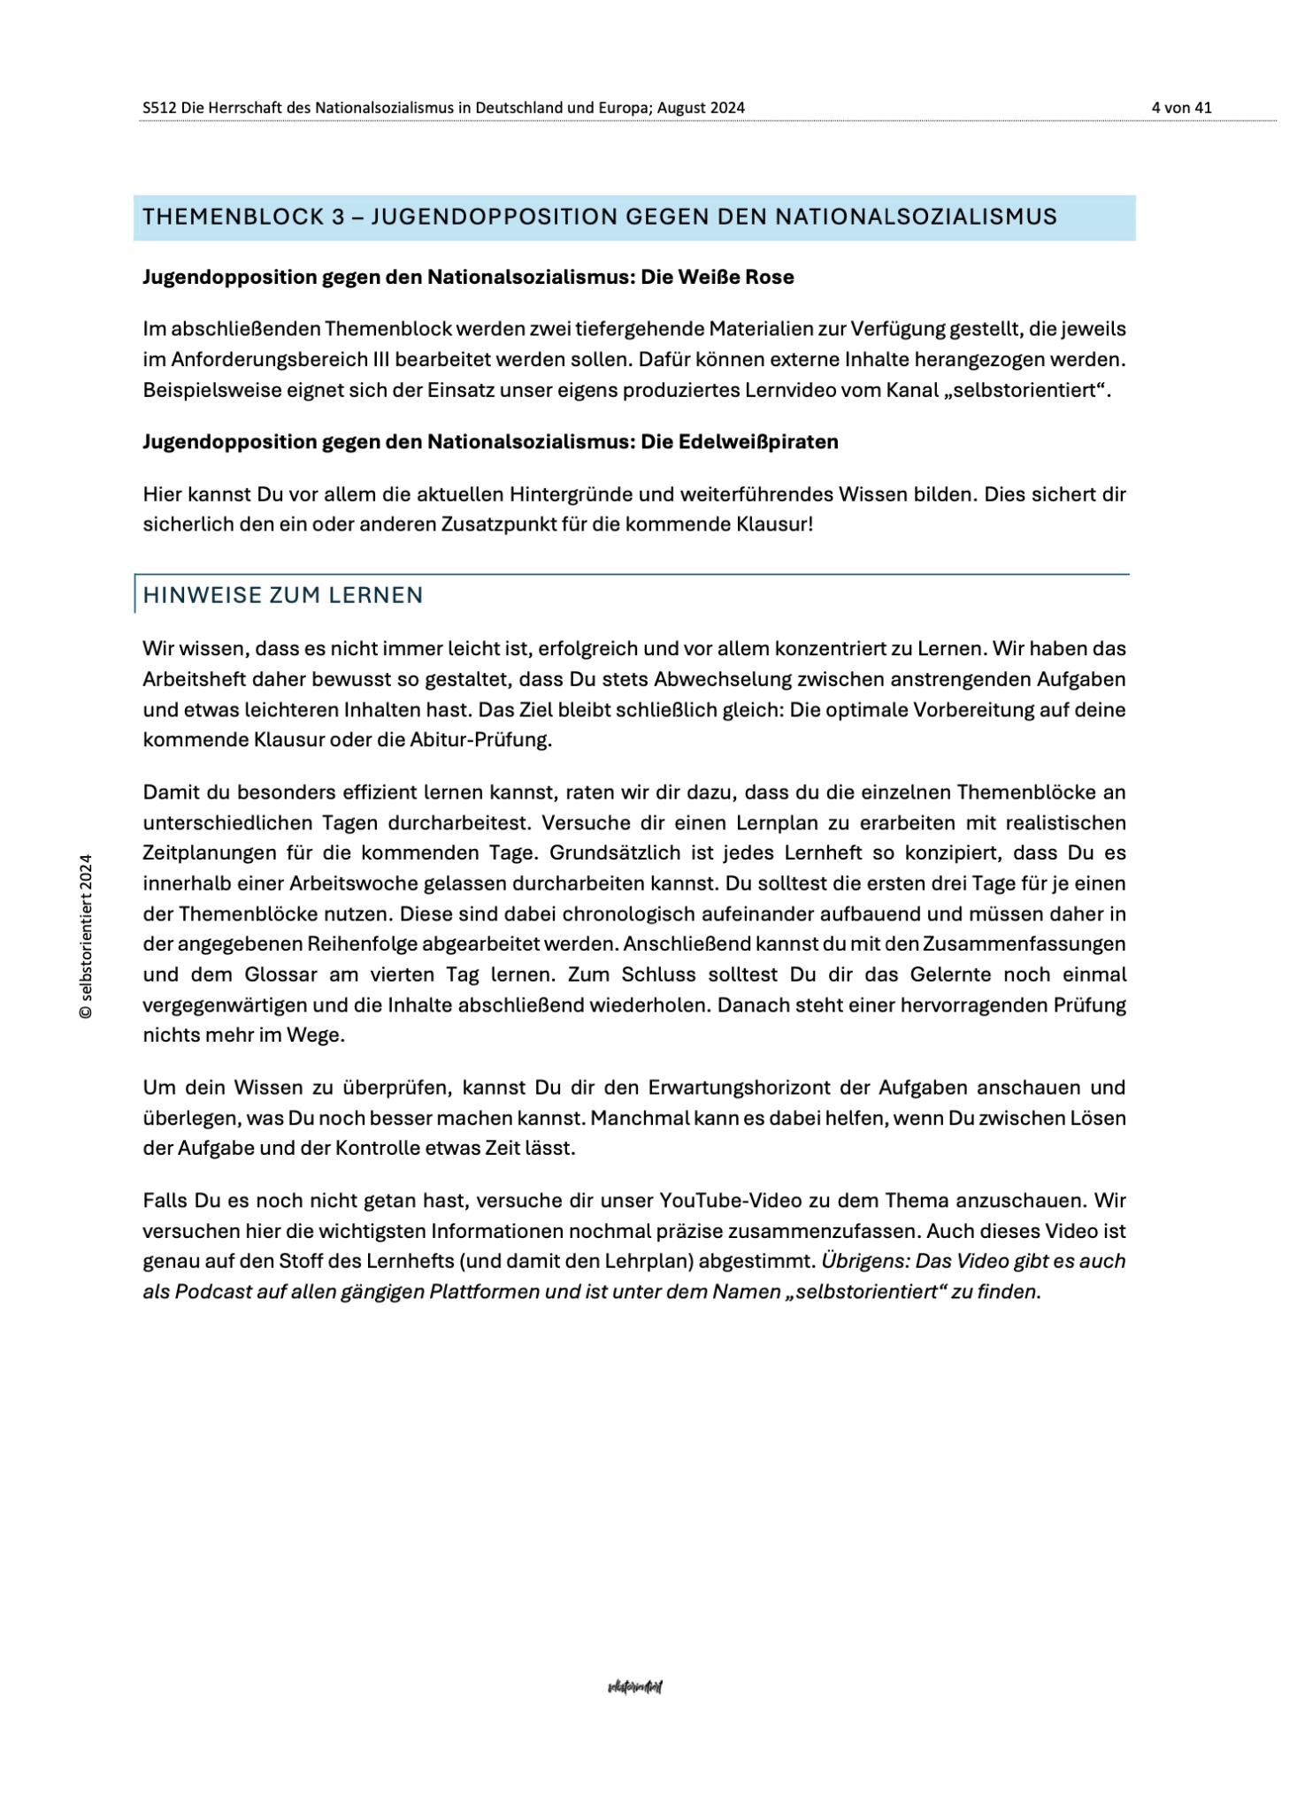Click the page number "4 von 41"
pyautogui.click(x=1181, y=108)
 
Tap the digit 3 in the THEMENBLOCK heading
pyautogui.click(x=339, y=218)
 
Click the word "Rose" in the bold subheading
pyautogui.click(x=770, y=278)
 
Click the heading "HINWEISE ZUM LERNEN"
pyautogui.click(x=283, y=595)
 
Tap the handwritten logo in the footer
pyautogui.click(x=635, y=1686)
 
